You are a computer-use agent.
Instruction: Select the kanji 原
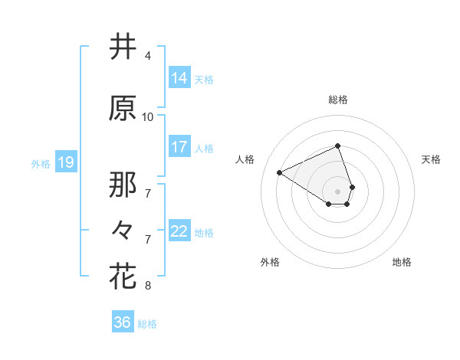coord(123,109)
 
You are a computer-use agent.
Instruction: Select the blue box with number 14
coord(179,78)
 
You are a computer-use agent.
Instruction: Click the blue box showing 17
coord(179,148)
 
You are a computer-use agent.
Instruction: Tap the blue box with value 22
coord(179,232)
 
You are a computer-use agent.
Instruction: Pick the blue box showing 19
coord(65,162)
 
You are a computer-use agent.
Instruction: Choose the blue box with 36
coord(123,322)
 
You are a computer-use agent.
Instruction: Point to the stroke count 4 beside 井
coord(147,56)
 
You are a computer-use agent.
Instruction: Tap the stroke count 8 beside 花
coord(147,286)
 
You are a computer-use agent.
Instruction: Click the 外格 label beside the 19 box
coord(40,163)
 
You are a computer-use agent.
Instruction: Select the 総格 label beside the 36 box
coord(147,324)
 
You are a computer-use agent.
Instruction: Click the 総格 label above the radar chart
coord(338,100)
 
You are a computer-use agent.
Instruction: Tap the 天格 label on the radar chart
coord(431,159)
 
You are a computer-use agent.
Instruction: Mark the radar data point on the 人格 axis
coord(280,172)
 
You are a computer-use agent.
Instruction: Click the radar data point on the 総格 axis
coord(338,146)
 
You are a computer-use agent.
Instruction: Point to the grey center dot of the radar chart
coord(338,191)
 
